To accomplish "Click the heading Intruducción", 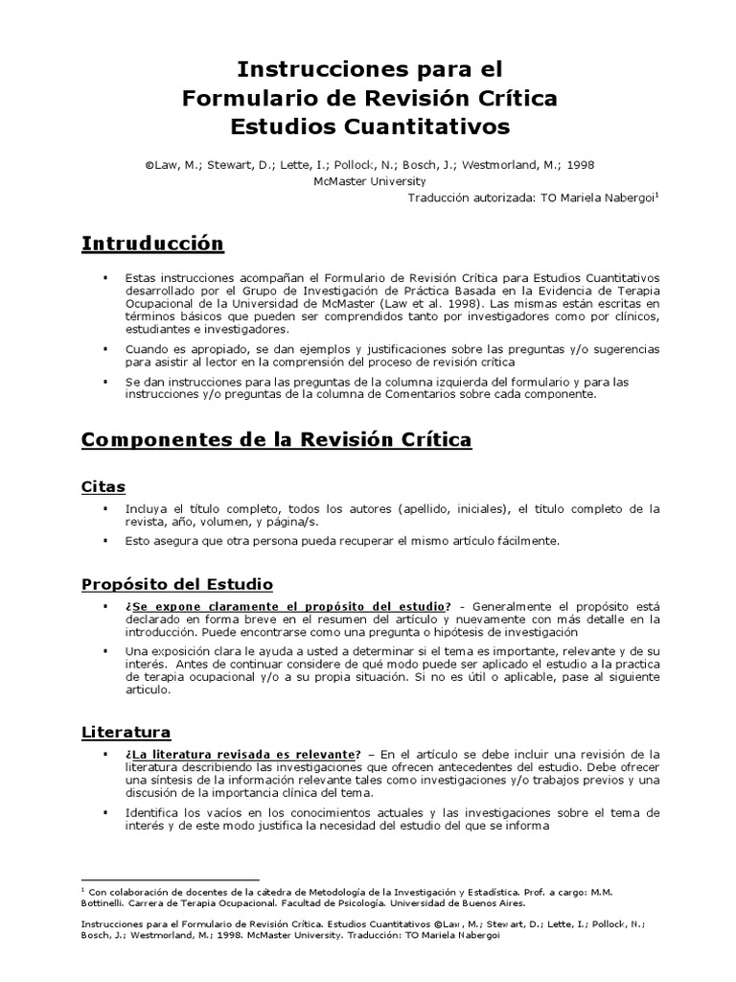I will (x=152, y=244).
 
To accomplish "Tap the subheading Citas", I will (x=103, y=487).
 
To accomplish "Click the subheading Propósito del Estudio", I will (x=177, y=583).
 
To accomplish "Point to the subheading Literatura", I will (x=126, y=733).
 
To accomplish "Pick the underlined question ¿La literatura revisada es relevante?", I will (x=242, y=754).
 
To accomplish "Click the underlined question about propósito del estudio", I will (x=286, y=606).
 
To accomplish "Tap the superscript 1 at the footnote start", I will (x=84, y=889).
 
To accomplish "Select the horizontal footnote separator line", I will (x=171, y=878).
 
